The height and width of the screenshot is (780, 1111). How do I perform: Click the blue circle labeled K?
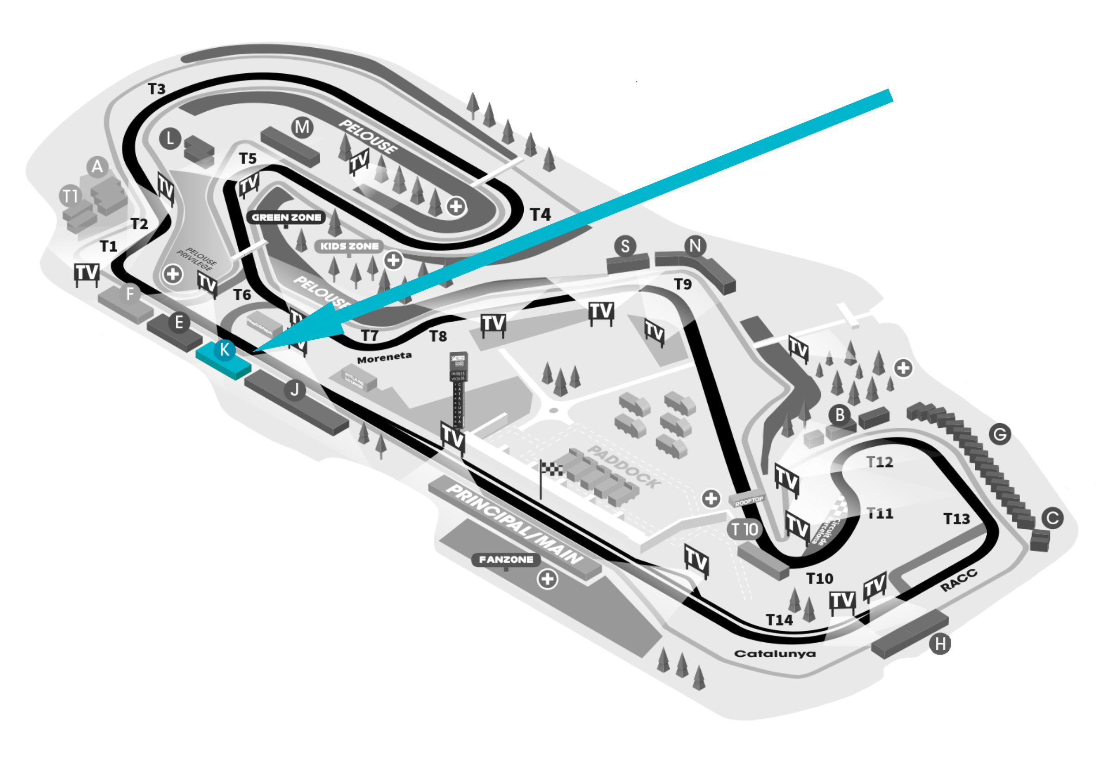224,349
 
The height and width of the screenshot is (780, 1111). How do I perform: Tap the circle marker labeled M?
302,127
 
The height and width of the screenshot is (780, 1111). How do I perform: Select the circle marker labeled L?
170,139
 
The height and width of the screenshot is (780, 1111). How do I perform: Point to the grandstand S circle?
625,246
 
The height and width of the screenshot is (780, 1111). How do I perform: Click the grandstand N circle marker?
695,246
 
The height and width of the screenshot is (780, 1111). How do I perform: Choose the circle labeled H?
940,644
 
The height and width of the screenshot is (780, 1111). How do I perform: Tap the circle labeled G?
1000,434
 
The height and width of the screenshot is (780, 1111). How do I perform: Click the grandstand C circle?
1052,518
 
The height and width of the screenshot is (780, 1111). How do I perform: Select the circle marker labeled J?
294,389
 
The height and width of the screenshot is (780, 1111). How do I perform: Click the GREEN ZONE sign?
286,217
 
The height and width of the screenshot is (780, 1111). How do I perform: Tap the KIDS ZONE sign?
349,246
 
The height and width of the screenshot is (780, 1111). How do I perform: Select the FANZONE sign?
506,559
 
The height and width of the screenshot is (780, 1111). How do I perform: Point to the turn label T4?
540,215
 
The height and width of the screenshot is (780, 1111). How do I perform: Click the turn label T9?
683,284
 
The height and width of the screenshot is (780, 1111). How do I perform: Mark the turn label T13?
957,519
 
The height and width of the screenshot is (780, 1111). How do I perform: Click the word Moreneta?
384,358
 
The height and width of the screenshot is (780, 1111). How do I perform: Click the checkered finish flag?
551,469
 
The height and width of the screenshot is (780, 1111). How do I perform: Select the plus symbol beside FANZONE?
547,579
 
